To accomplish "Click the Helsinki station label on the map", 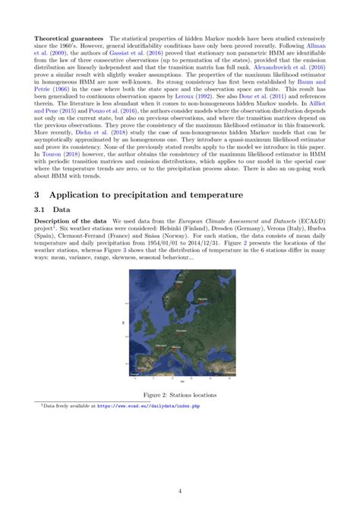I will coord(201,299).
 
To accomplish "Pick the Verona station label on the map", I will coord(175,346).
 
